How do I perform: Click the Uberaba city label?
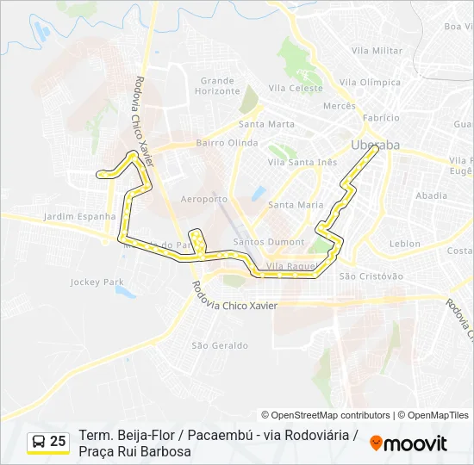376,145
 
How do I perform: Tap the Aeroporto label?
205,199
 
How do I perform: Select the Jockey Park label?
97,282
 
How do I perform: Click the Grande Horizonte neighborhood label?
216,86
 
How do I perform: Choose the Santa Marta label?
266,124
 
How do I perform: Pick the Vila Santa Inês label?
302,162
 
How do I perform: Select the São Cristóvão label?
371,276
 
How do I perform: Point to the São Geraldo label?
220,345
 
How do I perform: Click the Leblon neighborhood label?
405,244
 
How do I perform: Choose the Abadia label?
431,195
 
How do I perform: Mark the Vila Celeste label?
296,88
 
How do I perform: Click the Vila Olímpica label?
371,83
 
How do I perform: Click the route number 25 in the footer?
58,442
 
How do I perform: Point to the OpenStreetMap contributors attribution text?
326,415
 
